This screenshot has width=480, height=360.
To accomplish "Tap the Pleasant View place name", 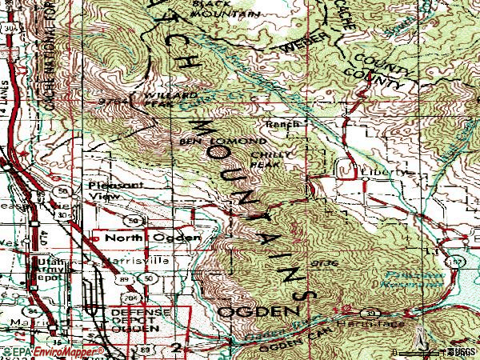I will [x=106, y=189].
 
